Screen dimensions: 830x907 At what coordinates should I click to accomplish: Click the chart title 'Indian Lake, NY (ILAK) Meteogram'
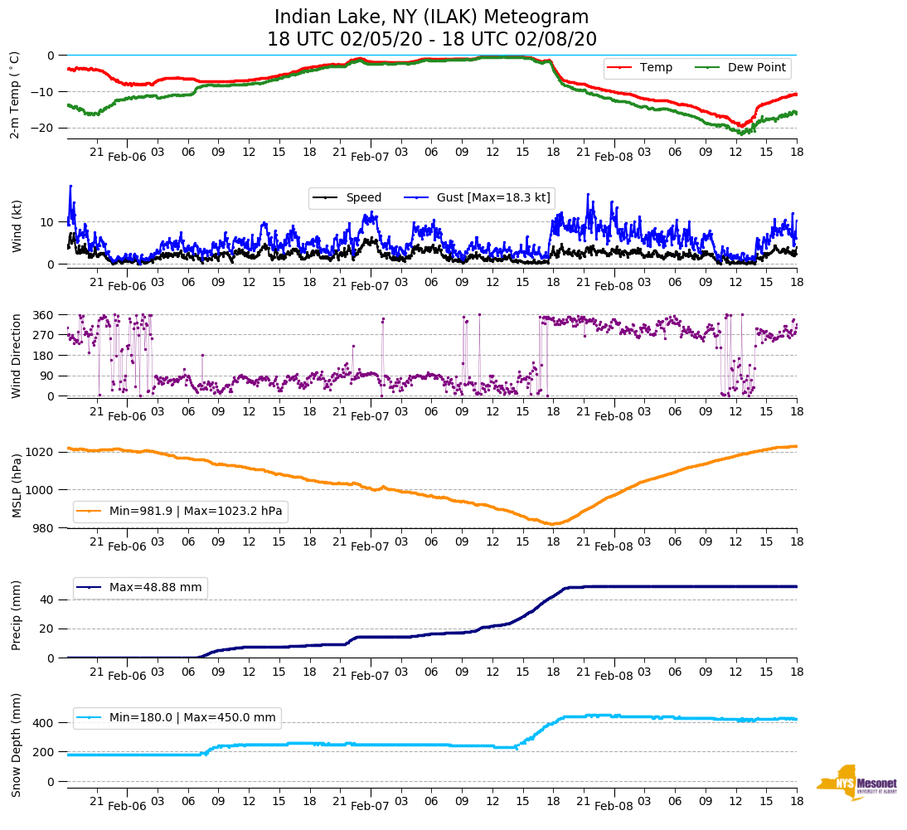point(431,17)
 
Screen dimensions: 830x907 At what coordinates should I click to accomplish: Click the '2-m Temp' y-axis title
point(15,94)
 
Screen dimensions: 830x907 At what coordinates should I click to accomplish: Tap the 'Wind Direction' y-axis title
point(15,355)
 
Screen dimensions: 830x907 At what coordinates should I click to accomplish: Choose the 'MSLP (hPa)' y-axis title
point(15,485)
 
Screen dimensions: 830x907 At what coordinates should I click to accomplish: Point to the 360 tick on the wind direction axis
point(43,315)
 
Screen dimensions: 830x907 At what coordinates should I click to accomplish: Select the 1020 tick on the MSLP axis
point(41,452)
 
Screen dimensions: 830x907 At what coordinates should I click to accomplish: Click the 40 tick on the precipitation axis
point(47,599)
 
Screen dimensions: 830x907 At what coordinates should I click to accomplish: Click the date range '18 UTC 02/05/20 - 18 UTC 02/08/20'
point(431,40)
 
